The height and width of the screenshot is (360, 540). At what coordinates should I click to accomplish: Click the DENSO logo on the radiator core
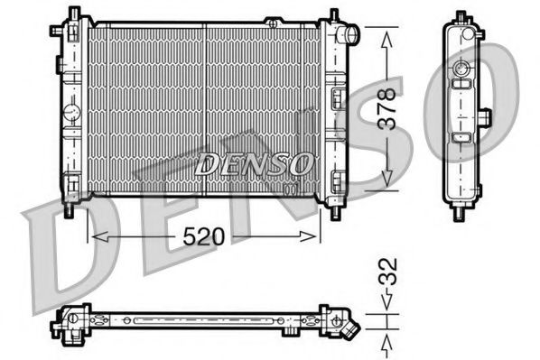coord(255,164)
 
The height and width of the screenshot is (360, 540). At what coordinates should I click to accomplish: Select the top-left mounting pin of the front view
coord(70,14)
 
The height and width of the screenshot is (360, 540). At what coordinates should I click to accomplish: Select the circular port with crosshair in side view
coord(461,69)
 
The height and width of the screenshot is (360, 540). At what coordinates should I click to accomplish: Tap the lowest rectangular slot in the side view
coord(461,137)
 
